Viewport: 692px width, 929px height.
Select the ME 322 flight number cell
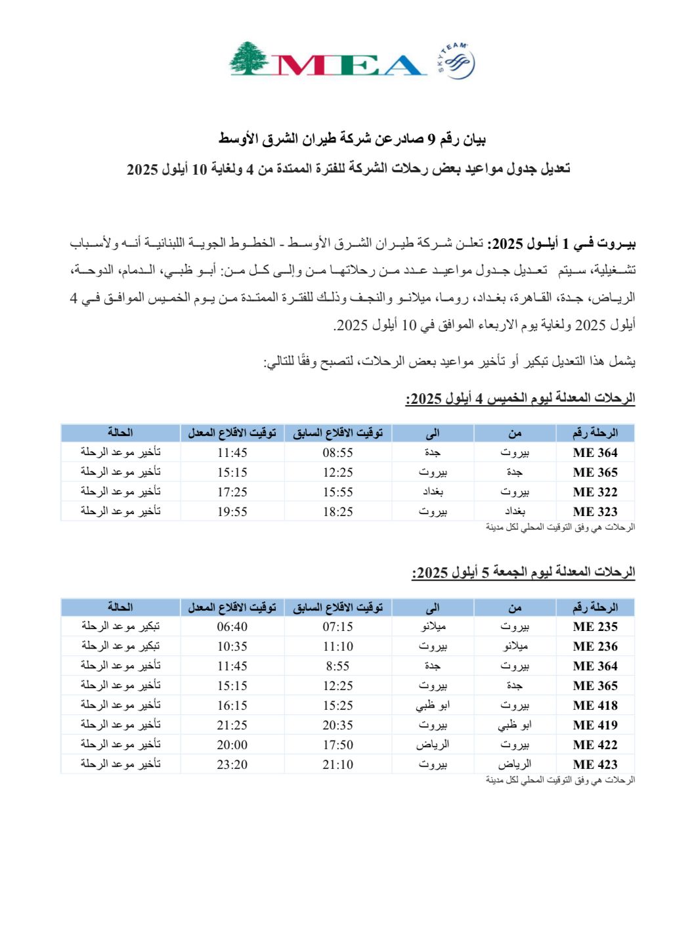(x=595, y=492)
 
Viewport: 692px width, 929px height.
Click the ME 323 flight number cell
(x=595, y=511)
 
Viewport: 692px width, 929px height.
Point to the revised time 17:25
(x=232, y=492)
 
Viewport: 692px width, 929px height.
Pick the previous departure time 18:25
(x=337, y=511)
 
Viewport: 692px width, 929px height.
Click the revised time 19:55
(x=232, y=511)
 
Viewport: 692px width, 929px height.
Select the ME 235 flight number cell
(x=595, y=626)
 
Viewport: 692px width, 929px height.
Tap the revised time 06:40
(x=232, y=626)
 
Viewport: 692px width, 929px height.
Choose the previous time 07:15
(x=337, y=626)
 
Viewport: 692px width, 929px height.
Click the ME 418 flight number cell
(x=595, y=705)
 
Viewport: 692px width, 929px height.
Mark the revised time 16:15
(x=232, y=705)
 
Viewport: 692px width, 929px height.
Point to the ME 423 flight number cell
(x=595, y=764)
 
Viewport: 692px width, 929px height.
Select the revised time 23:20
(x=232, y=764)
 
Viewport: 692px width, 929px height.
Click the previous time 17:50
(x=337, y=745)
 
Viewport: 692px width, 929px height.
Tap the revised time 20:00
(x=232, y=745)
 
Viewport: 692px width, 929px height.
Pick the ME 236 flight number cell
(x=595, y=646)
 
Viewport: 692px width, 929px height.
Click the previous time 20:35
(x=337, y=725)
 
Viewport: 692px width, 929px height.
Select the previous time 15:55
(x=337, y=492)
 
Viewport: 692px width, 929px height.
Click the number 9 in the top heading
(x=431, y=139)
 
